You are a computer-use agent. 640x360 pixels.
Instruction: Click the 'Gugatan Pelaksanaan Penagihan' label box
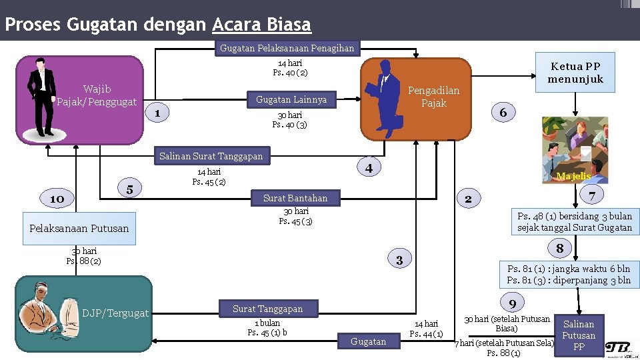point(287,48)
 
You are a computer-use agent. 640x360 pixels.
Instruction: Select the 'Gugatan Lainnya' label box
point(291,99)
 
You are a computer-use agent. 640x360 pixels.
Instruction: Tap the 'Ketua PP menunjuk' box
point(575,73)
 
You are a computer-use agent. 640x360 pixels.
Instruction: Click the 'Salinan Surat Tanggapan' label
point(211,157)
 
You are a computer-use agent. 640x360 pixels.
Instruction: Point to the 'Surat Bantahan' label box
point(295,198)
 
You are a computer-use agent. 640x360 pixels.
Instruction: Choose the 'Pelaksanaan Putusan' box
point(79,228)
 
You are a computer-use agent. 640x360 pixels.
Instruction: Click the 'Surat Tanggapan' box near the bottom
point(267,309)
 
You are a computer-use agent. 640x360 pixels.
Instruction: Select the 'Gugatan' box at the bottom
point(368,341)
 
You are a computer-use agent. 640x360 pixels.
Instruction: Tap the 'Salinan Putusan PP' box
point(579,335)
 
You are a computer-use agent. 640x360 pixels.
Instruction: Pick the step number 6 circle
point(503,113)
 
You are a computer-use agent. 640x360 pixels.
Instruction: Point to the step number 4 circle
point(369,167)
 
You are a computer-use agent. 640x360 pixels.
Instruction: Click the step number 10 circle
point(57,199)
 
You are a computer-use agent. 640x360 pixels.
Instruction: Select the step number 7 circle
point(591,195)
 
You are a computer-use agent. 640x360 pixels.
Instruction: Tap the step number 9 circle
point(512,304)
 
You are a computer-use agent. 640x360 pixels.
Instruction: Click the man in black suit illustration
point(43,97)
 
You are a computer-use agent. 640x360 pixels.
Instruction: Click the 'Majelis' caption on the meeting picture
point(573,176)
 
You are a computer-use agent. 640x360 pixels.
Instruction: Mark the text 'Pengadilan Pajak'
point(433,97)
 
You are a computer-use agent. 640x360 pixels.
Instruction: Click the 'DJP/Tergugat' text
point(115,313)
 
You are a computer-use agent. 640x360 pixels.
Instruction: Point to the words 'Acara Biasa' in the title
point(261,25)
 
